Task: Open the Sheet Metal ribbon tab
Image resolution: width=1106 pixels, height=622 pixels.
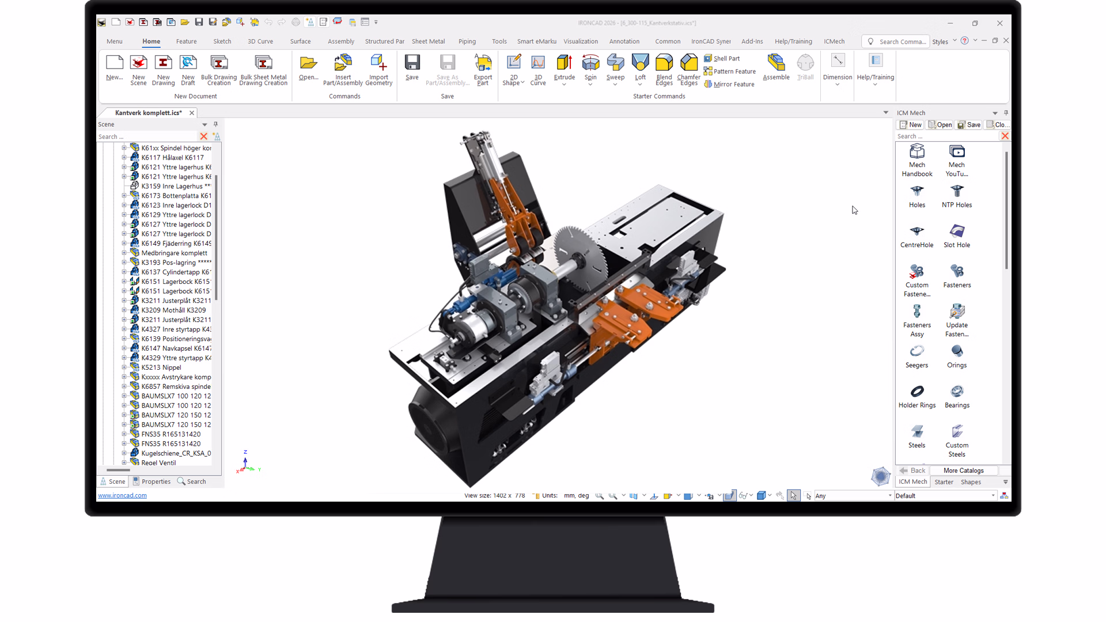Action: [x=428, y=41]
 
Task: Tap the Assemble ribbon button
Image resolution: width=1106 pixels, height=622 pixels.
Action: [x=776, y=67]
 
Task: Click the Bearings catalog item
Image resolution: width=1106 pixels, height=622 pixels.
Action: [x=957, y=396]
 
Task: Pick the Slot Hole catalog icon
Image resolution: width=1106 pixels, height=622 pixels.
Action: [x=957, y=235]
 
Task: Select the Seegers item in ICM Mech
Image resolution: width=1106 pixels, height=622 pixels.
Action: [x=916, y=355]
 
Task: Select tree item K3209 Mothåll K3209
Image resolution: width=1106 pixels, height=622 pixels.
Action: [x=173, y=310]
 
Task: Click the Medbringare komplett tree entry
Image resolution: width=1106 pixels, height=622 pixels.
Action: [x=174, y=253]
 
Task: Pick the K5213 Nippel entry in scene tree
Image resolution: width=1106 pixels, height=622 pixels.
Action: [x=161, y=367]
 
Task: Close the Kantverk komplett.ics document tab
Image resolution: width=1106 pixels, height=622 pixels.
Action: [x=192, y=113]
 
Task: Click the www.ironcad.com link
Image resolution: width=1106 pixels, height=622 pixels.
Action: [x=122, y=495]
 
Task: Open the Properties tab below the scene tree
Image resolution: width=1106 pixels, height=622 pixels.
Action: [x=152, y=481]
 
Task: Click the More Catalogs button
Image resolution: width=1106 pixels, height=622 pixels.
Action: [x=963, y=471]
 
